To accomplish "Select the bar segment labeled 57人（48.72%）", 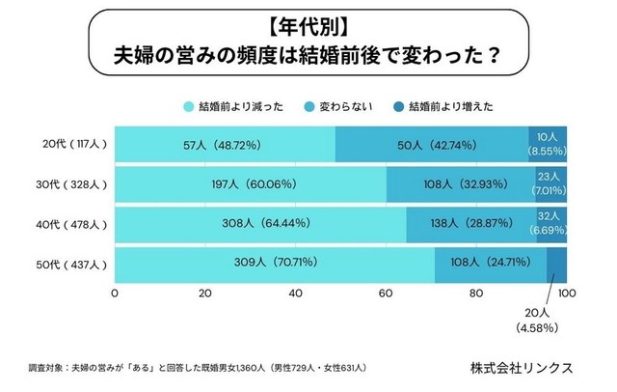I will click(226, 144).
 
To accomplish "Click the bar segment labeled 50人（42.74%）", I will click(432, 144).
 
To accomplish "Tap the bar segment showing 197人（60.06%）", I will click(251, 183).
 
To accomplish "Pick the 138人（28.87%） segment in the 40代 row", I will click(470, 223).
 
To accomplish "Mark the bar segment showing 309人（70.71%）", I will click(275, 263).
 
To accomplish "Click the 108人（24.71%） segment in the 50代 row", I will click(491, 263).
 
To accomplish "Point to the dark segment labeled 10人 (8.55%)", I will click(548, 144).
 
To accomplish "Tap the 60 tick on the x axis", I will click(386, 293).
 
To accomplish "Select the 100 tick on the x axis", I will click(566, 293).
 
